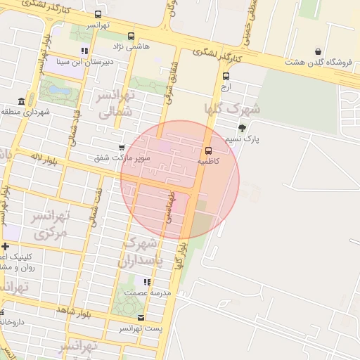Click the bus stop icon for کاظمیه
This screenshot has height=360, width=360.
click(208, 150)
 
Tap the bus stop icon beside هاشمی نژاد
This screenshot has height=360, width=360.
click(130, 37)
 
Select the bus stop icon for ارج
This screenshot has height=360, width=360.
click(226, 77)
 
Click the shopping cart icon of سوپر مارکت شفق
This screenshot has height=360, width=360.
click(122, 148)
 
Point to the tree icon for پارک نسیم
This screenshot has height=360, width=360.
click(243, 128)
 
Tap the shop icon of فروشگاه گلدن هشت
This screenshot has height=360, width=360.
click(319, 51)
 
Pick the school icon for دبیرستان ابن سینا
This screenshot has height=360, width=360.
click(85, 51)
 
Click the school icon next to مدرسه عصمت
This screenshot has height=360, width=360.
click(147, 282)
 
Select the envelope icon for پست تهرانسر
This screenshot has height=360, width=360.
click(141, 318)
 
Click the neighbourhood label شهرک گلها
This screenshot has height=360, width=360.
click(231, 109)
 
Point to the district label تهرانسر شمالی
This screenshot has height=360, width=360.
click(115, 103)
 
